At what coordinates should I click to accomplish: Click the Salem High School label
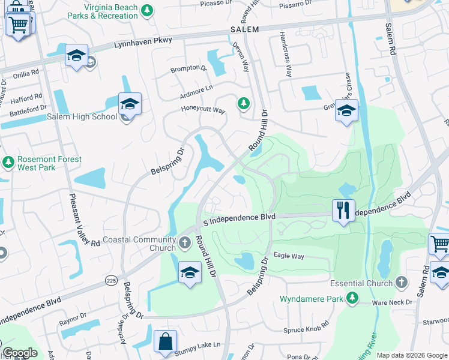pos(82,116)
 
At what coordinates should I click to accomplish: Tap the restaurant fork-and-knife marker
pos(343,211)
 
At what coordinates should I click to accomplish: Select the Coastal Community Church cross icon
pos(185,244)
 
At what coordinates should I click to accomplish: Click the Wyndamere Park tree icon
pos(352,298)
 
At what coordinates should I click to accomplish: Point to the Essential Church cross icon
pos(402,282)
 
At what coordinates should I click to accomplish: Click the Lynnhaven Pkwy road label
pos(142,41)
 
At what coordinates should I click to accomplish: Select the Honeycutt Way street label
pos(203,110)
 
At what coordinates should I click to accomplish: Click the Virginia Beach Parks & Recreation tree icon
pos(146,10)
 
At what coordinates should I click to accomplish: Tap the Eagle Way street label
pos(289,256)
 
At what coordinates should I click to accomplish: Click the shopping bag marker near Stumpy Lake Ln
pos(164,341)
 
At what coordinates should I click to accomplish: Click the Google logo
pos(20,353)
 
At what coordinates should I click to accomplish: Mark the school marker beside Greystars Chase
pos(346,111)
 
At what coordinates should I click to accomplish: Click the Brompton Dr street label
pos(188,68)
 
